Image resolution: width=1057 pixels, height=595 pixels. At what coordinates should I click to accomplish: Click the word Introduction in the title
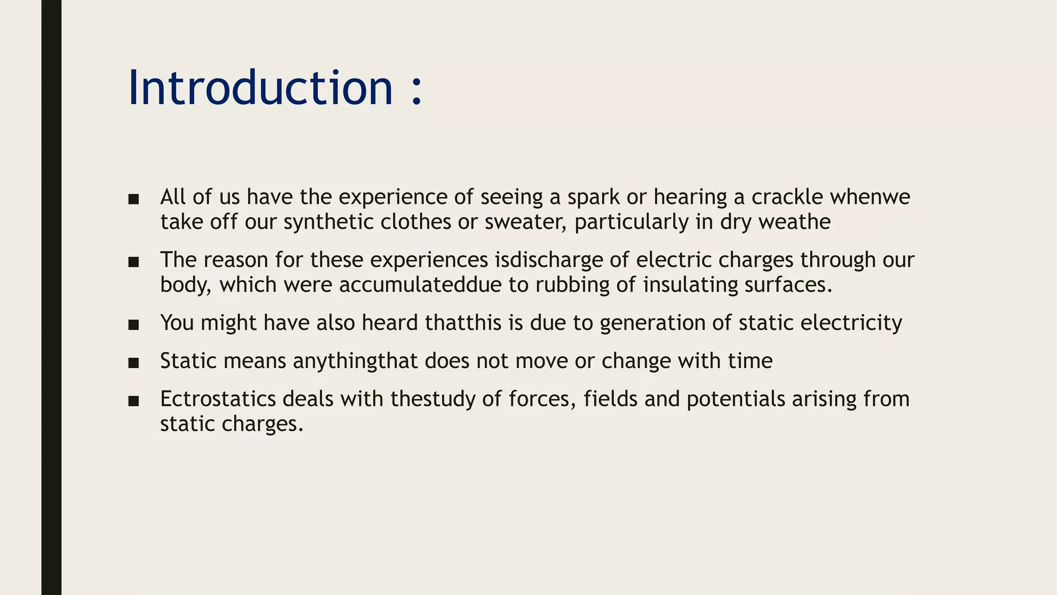tap(260, 88)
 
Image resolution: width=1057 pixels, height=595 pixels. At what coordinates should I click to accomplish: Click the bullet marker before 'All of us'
tap(134, 199)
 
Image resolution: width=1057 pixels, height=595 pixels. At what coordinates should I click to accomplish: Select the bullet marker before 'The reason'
tap(134, 262)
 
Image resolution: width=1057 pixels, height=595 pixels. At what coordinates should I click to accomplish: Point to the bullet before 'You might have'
tap(134, 325)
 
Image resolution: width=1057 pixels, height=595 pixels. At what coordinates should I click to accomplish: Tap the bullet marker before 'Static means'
tap(134, 363)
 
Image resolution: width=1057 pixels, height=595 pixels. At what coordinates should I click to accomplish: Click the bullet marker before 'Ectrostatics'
tap(134, 401)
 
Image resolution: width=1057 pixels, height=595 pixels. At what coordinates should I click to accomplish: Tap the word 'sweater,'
tap(525, 223)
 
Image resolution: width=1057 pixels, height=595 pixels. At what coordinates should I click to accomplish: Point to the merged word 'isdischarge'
tap(549, 260)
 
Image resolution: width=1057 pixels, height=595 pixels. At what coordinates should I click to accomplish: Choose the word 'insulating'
tap(690, 285)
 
